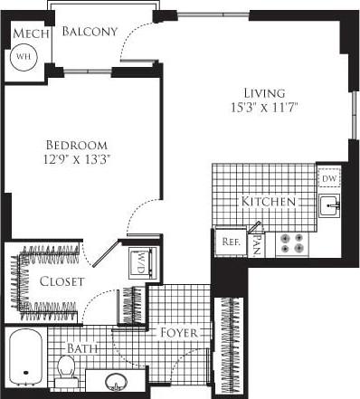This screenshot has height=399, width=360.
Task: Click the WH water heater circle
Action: [22, 55]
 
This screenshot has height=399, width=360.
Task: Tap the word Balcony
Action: [90, 32]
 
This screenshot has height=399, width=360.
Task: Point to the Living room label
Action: [264, 92]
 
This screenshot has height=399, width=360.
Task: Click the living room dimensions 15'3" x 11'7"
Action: [264, 108]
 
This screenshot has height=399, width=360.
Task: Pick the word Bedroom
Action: [77, 145]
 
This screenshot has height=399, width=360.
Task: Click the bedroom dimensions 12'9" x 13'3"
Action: [77, 160]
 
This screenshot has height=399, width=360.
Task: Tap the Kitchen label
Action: [269, 201]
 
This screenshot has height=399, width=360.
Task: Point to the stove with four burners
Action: [290, 242]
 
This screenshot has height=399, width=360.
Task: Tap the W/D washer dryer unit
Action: [141, 262]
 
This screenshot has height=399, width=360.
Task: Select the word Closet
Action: [62, 282]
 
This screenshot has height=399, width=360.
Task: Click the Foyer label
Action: [179, 332]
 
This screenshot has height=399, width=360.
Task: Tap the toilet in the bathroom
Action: [65, 367]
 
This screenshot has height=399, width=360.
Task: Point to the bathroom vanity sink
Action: [117, 382]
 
